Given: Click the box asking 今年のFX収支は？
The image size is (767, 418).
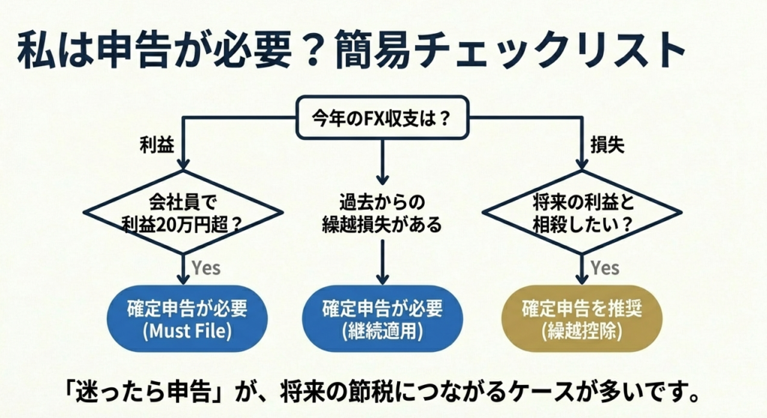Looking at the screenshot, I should coord(383,118).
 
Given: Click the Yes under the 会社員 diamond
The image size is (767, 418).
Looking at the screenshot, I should coord(206,267).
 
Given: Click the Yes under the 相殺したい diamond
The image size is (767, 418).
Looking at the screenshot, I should coord(604,267).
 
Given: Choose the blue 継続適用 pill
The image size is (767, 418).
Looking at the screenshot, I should coord(382,319).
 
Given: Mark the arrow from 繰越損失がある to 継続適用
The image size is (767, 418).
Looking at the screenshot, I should coord(383,262).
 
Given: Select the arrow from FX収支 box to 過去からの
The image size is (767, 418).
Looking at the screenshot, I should coord(383,161).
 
